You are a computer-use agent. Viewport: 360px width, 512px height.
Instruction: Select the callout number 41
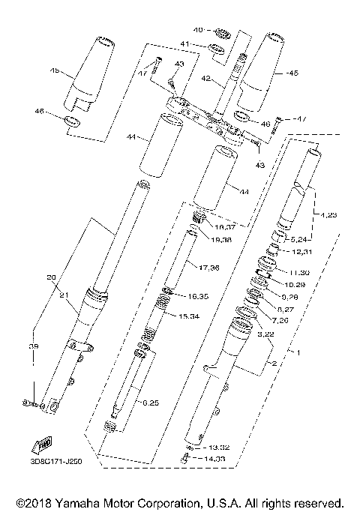point(185,46)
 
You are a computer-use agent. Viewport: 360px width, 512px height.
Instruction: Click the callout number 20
point(51,277)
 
